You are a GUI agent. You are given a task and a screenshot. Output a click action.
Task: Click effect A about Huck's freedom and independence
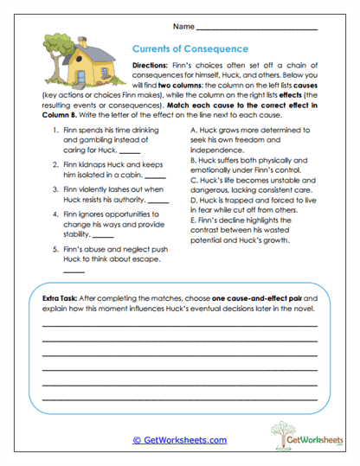[250, 139]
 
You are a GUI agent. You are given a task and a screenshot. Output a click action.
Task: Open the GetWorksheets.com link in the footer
[180, 439]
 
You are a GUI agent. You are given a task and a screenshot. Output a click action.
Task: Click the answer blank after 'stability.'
[103, 236]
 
